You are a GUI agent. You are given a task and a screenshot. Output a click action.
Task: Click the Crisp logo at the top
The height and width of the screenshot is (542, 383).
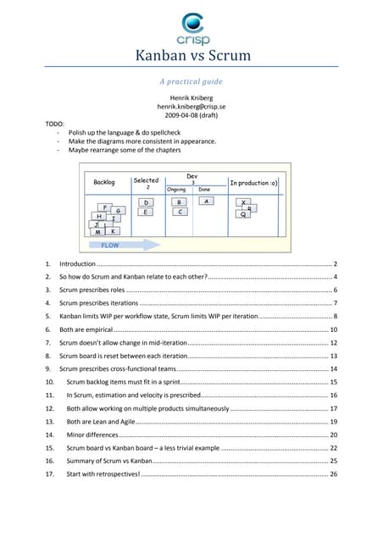(193, 29)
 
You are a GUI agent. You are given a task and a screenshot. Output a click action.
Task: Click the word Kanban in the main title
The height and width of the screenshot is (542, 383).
(159, 55)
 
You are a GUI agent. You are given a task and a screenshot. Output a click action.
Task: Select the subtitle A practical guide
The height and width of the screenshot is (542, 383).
(191, 81)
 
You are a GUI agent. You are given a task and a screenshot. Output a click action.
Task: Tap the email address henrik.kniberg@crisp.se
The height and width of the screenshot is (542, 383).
(191, 107)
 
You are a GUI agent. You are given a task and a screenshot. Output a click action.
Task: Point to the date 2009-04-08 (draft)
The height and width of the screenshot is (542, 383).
(191, 115)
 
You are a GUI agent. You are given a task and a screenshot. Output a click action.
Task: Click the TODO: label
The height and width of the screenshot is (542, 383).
(55, 124)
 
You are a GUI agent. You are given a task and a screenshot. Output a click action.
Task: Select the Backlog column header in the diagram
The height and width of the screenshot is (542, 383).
(103, 182)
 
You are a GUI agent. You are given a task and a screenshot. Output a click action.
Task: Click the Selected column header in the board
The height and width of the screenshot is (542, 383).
(146, 180)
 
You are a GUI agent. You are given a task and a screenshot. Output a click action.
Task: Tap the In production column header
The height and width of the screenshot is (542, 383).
(253, 183)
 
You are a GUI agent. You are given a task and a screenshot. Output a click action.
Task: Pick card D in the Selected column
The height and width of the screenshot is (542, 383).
(146, 202)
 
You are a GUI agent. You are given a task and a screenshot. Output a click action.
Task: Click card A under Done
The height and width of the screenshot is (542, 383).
(207, 201)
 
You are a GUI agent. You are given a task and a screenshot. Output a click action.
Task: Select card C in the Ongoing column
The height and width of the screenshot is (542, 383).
(180, 212)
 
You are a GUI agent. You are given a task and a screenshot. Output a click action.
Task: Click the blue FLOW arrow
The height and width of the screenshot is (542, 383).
(125, 245)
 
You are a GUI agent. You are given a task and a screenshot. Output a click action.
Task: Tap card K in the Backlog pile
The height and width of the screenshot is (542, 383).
(113, 231)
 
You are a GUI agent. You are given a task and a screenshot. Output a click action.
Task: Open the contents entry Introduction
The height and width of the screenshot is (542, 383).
(77, 263)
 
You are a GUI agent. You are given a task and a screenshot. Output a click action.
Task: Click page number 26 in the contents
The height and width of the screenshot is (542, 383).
(334, 474)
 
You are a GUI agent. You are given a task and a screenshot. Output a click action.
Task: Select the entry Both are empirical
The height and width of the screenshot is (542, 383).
(86, 329)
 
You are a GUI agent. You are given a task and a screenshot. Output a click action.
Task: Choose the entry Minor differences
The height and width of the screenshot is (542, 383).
(92, 434)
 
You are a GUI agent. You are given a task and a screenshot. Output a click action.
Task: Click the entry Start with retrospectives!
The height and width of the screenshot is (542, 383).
(103, 474)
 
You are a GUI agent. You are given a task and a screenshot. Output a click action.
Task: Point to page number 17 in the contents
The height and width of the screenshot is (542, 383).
(334, 408)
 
